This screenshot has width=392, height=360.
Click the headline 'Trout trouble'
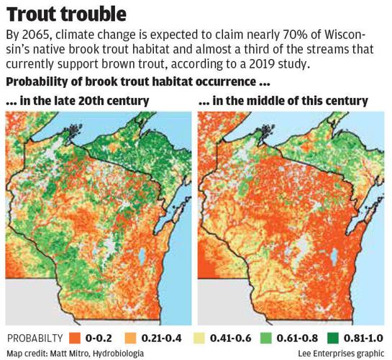point(67,14)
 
